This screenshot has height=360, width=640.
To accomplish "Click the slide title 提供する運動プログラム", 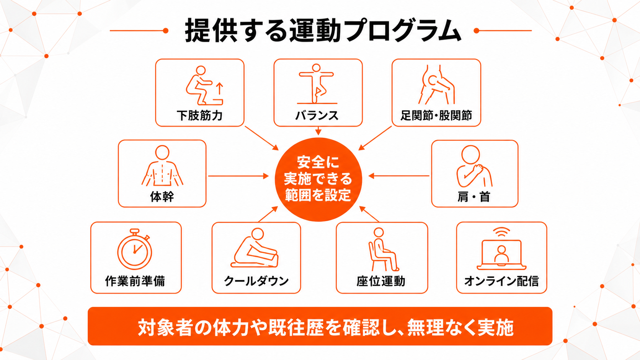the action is [x=323, y=31].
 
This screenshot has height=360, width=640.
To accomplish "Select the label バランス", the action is [x=317, y=116].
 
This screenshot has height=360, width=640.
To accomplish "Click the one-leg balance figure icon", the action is [x=317, y=84].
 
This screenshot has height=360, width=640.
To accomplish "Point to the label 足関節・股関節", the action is [x=436, y=116].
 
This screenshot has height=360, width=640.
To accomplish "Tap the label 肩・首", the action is [x=474, y=197].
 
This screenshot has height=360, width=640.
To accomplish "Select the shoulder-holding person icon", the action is [x=474, y=166].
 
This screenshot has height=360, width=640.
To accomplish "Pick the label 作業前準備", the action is [x=135, y=281].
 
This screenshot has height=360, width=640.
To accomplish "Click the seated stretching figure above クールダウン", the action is [x=254, y=248].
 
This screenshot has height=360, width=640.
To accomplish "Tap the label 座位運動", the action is [x=381, y=281].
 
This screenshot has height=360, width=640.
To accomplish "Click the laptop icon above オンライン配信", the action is [x=501, y=254].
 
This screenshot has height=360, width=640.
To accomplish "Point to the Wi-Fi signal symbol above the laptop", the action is [x=501, y=232].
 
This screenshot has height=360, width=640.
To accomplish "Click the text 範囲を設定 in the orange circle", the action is [x=318, y=195].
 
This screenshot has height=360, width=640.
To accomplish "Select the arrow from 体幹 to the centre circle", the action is [x=238, y=176].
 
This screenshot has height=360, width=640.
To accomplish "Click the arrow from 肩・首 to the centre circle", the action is [x=398, y=176].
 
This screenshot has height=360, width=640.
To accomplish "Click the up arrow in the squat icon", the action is [x=219, y=89].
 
